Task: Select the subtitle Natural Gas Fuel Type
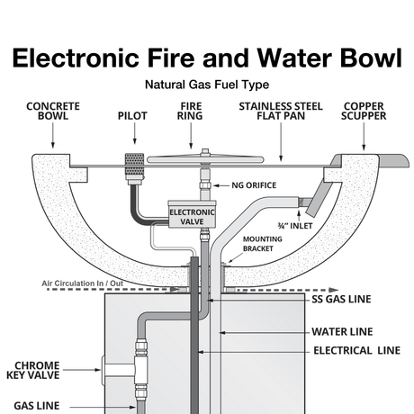coord(206,85)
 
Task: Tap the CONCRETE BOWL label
coord(52,112)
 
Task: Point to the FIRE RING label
coord(190,112)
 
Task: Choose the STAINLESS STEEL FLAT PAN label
coord(281,112)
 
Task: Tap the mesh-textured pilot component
coord(133,167)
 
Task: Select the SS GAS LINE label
coord(343,298)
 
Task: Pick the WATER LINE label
coord(343,331)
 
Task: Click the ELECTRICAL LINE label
coord(355,350)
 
